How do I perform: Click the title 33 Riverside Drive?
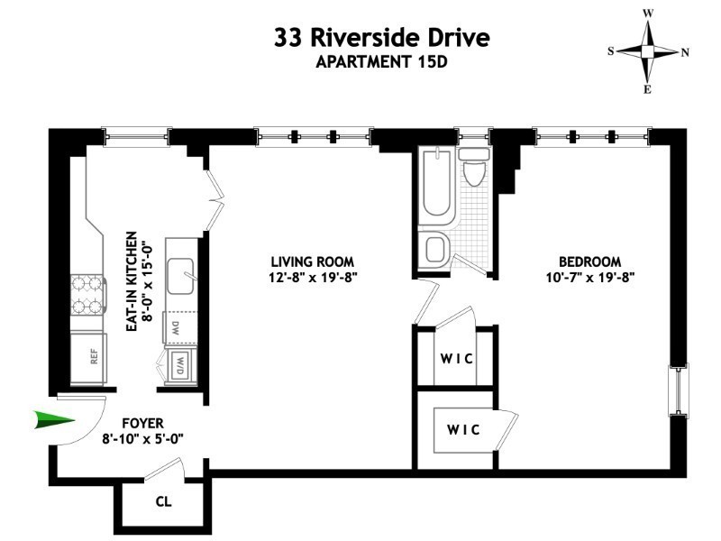click(x=382, y=39)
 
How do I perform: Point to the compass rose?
click(x=648, y=51)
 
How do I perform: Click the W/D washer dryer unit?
click(x=180, y=366)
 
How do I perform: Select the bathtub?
click(x=438, y=185)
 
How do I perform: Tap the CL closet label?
click(x=163, y=501)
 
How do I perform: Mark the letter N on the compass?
click(x=685, y=52)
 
